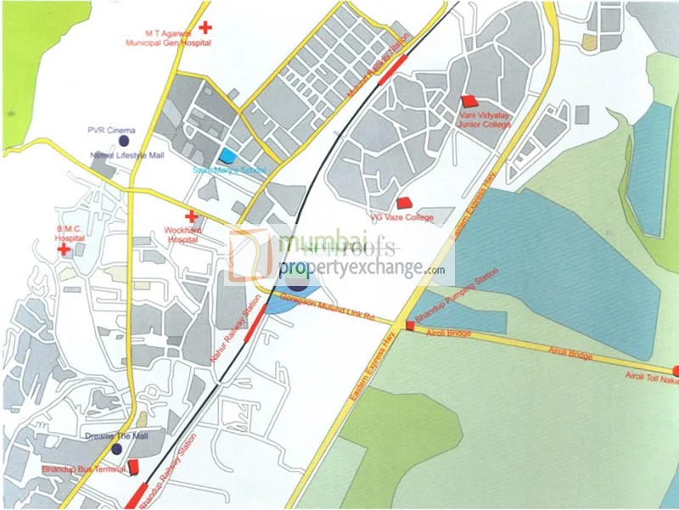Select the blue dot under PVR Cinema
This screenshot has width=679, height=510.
pyautogui.click(x=124, y=139)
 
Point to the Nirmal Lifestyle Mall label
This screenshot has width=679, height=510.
pyautogui.click(x=126, y=156)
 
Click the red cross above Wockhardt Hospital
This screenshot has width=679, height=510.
pyautogui.click(x=191, y=216)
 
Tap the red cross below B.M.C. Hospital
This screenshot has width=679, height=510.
pyautogui.click(x=64, y=249)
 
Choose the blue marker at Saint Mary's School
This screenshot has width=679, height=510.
pyautogui.click(x=227, y=156)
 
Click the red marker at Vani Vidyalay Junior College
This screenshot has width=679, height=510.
pyautogui.click(x=469, y=101)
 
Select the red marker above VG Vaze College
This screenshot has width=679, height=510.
pyautogui.click(x=404, y=204)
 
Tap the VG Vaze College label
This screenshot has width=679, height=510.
pyautogui.click(x=401, y=217)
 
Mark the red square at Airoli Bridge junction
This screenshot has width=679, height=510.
pyautogui.click(x=409, y=324)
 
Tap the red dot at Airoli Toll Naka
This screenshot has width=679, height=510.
pyautogui.click(x=676, y=371)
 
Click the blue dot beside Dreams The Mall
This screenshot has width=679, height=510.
pyautogui.click(x=117, y=448)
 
